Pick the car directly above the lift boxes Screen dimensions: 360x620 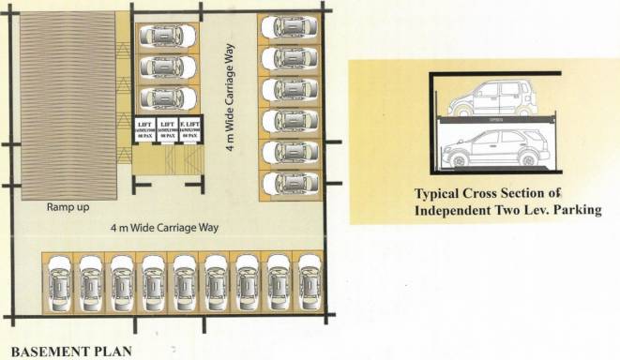coord(169,98)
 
